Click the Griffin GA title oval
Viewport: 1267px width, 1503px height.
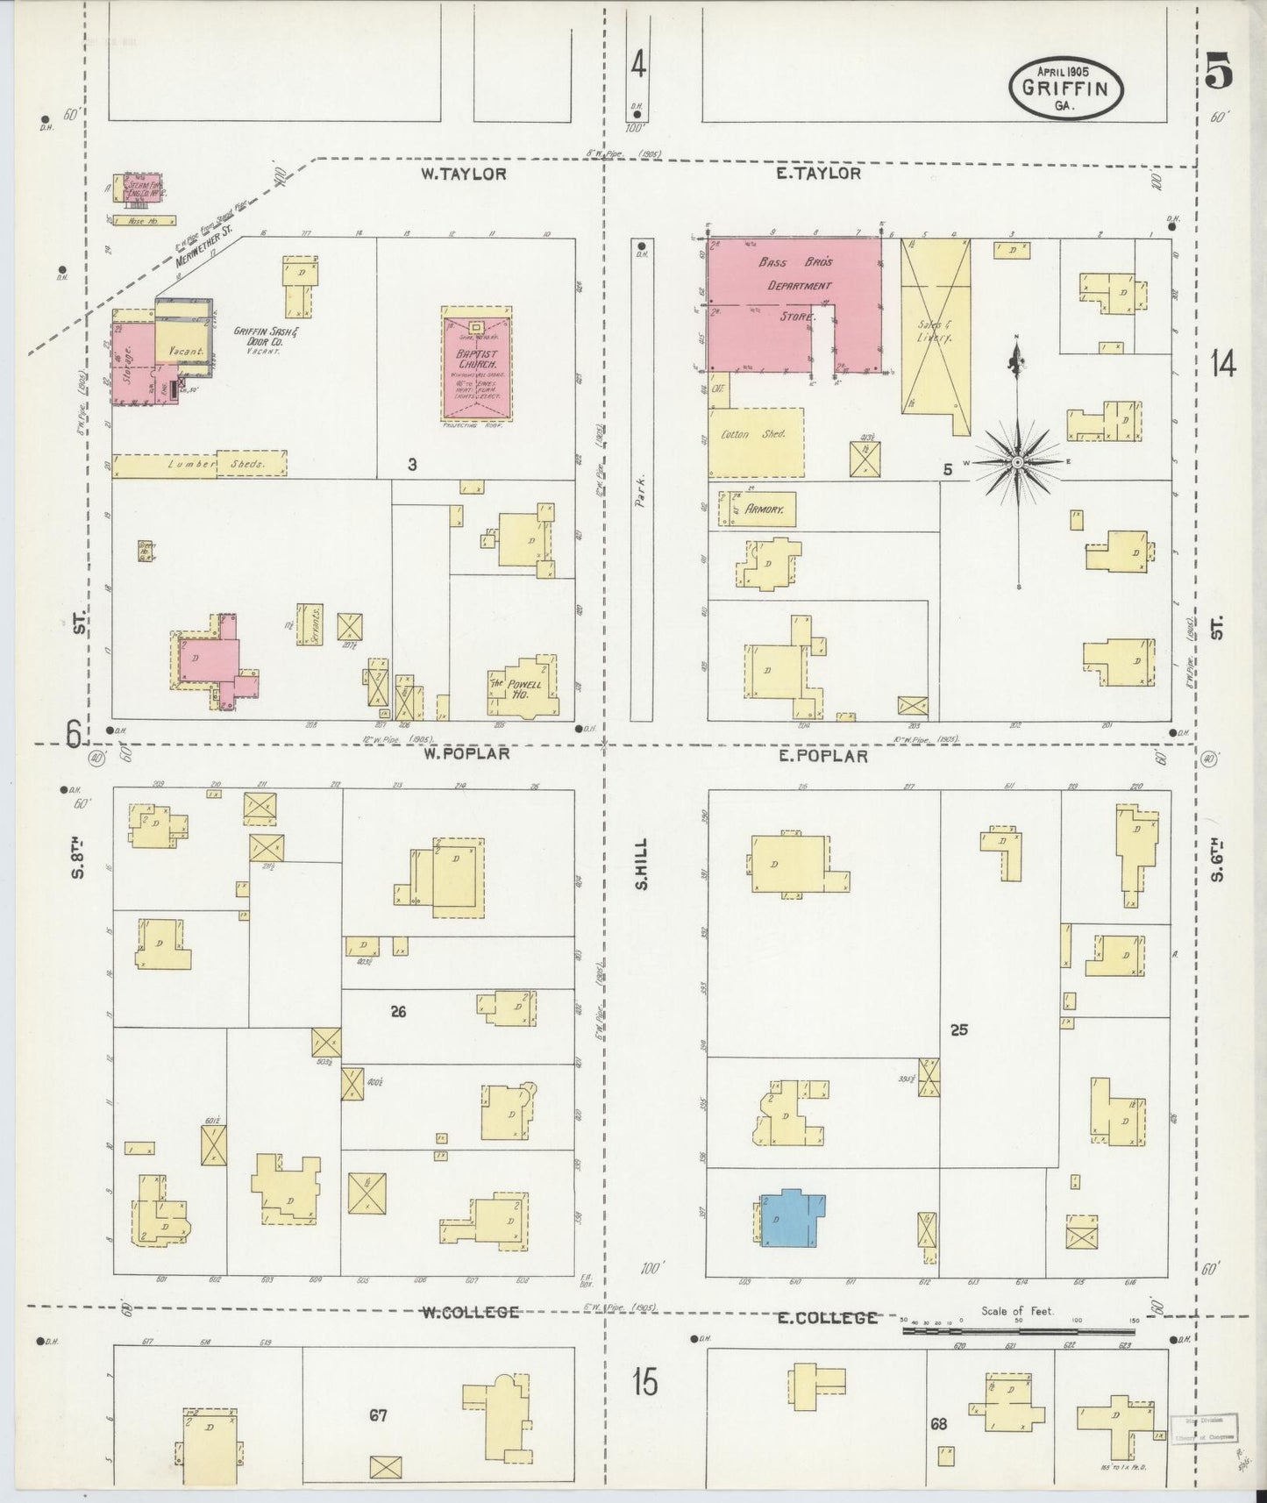(1066, 88)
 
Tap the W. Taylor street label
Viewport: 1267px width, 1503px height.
(463, 174)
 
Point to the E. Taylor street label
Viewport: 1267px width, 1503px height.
(818, 174)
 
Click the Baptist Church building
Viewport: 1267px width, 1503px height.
(476, 365)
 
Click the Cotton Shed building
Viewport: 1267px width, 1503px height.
(756, 441)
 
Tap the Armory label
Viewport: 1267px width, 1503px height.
(764, 509)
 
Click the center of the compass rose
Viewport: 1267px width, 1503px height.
(1017, 462)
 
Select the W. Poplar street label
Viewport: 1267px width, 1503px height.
(466, 753)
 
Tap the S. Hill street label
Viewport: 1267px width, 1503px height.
(642, 864)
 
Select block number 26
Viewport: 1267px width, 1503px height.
(398, 1011)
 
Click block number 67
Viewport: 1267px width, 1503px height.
(378, 1414)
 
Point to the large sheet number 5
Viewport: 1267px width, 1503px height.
(1218, 70)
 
